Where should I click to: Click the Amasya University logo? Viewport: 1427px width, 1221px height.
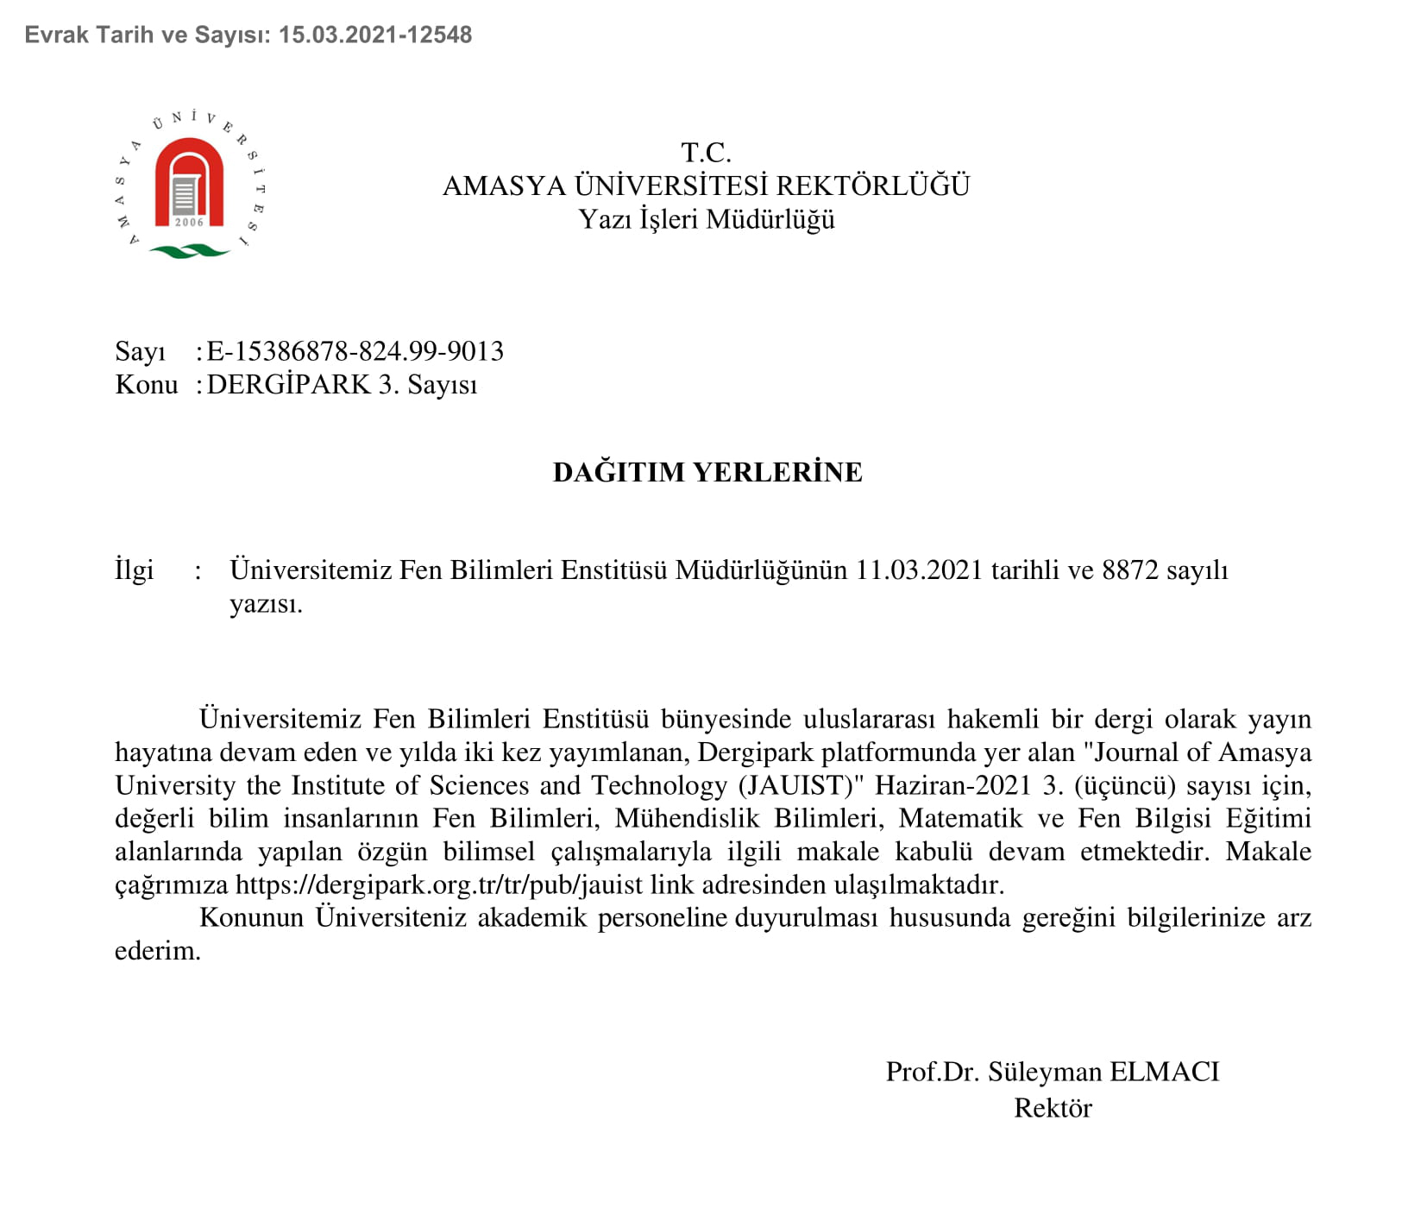pyautogui.click(x=190, y=185)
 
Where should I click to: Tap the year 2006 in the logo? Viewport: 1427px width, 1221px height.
pyautogui.click(x=189, y=223)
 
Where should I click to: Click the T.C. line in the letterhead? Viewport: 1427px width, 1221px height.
pyautogui.click(x=706, y=153)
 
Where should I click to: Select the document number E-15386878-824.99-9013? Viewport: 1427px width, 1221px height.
pyautogui.click(x=355, y=351)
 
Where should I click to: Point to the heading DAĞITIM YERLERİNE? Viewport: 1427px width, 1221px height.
pyautogui.click(x=707, y=472)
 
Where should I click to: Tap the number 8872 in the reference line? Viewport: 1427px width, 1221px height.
pyautogui.click(x=1130, y=570)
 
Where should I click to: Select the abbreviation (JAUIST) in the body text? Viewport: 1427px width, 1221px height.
pyautogui.click(x=802, y=785)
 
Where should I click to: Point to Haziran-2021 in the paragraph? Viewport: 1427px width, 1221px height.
pyautogui.click(x=953, y=785)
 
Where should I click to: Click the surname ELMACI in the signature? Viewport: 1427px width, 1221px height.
pyautogui.click(x=1165, y=1072)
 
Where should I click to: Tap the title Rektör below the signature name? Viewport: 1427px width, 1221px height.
pyautogui.click(x=1053, y=1108)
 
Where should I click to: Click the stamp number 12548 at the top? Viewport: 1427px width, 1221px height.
pyautogui.click(x=440, y=35)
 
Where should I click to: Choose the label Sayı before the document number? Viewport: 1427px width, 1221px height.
pyautogui.click(x=140, y=352)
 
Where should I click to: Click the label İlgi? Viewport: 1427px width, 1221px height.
pyautogui.click(x=135, y=570)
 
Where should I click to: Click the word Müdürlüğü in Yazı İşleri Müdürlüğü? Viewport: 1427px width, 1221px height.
pyautogui.click(x=770, y=219)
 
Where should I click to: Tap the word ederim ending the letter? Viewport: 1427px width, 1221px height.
pyautogui.click(x=157, y=951)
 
